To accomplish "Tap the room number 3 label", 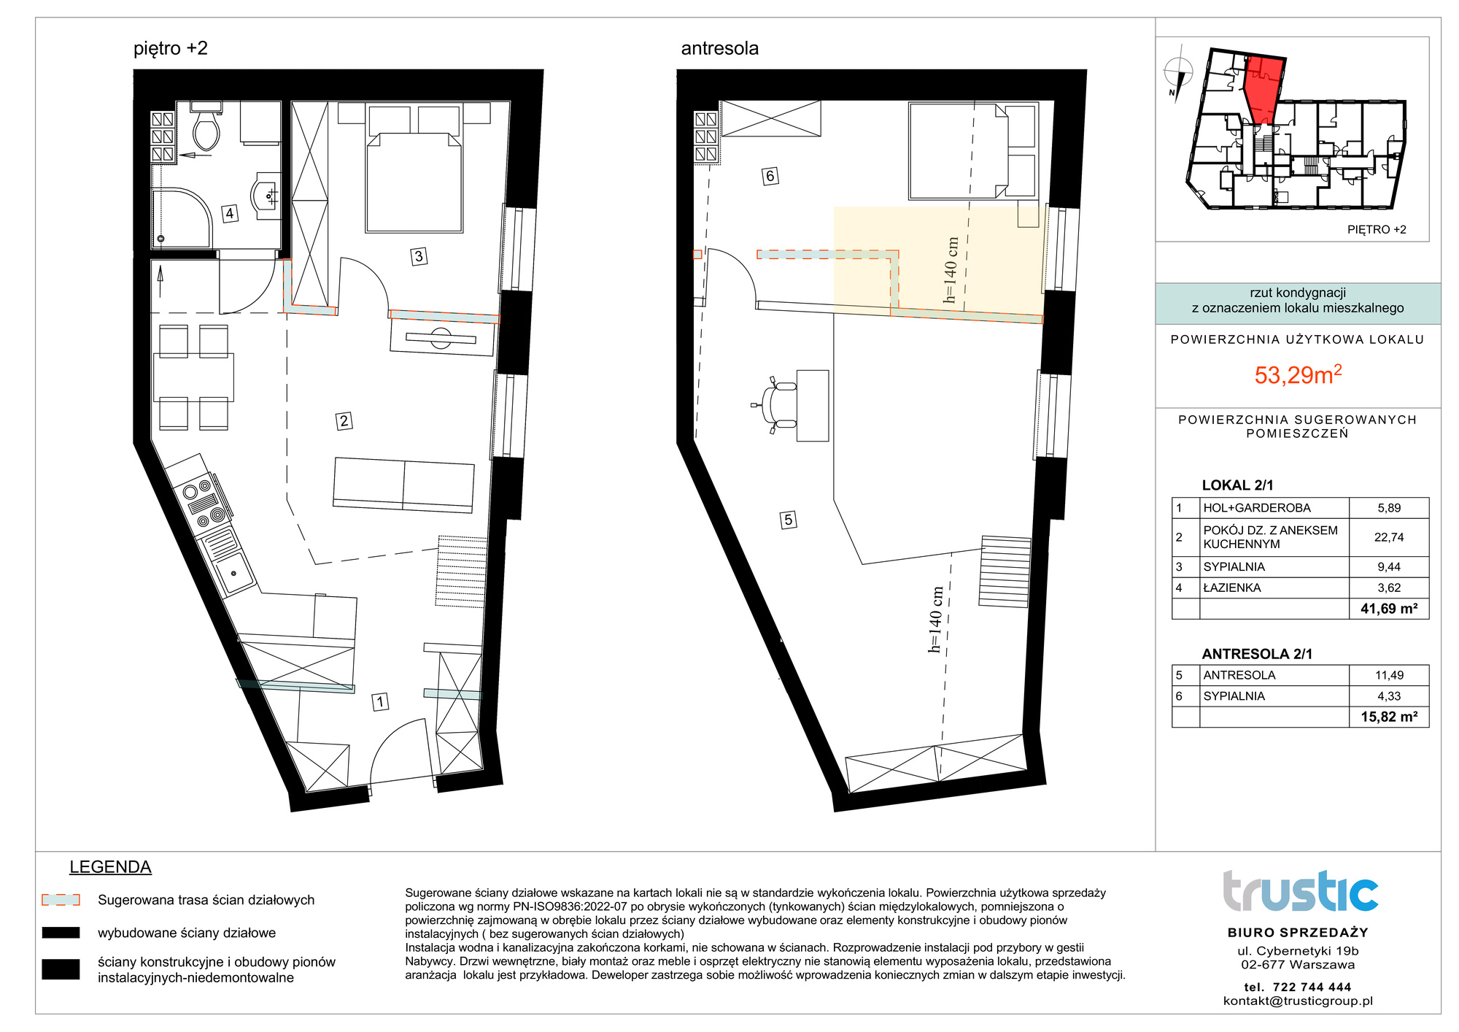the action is (x=419, y=256).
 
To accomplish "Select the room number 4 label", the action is (x=230, y=213).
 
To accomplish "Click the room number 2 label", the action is (x=344, y=420).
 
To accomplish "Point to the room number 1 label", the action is (x=380, y=702).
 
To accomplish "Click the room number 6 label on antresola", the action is (x=770, y=176).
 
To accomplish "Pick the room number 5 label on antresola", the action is (x=788, y=520).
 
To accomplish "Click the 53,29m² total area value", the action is (x=1298, y=374).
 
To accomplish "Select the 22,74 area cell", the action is (x=1388, y=537).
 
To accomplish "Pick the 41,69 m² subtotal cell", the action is (x=1388, y=609).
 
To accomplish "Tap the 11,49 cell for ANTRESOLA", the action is (x=1388, y=675).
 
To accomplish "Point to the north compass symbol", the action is (x=1177, y=73).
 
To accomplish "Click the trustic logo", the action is (x=1300, y=891).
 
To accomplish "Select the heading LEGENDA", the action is (x=110, y=867).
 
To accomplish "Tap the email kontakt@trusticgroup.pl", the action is (x=1298, y=1001).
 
